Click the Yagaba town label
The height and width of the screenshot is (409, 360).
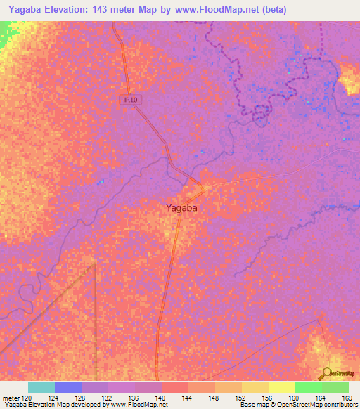pyautogui.click(x=181, y=207)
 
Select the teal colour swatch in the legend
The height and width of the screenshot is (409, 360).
pyautogui.click(x=41, y=387)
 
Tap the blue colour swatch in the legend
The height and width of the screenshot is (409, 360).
pyautogui.click(x=68, y=387)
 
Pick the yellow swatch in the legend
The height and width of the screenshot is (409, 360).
pyautogui.click(x=282, y=387)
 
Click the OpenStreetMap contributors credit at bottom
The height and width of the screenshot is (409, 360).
pyautogui.click(x=314, y=405)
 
